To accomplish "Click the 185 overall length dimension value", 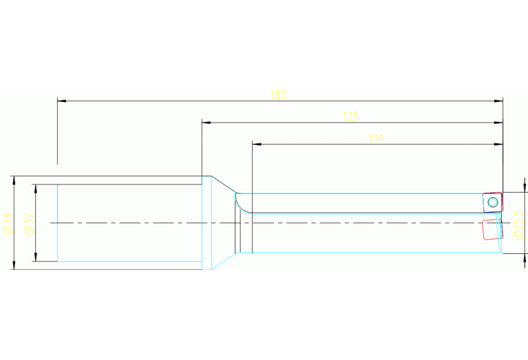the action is (278, 95).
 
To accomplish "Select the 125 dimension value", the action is (350, 116).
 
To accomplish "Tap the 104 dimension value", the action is (375, 138).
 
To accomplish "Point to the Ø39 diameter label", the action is (8, 223).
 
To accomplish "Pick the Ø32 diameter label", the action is (30, 224).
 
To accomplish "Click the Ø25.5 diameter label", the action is (519, 225).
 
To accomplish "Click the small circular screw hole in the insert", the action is (493, 202).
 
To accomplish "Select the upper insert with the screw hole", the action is (493, 202).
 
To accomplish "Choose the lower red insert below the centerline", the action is (493, 229).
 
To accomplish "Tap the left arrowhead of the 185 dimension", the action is (62, 100).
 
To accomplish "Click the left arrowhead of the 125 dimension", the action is (206, 123).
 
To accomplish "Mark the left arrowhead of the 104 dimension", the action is (257, 144).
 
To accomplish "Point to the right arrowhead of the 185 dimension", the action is (498, 100).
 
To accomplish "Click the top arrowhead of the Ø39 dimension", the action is (14, 180).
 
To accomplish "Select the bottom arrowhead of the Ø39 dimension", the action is (14, 265).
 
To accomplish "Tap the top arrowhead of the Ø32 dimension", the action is (36, 189).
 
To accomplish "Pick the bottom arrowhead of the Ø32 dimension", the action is (36, 257).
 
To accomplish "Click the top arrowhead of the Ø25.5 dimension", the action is (525, 188).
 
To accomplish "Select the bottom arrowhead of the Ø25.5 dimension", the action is (525, 258).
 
